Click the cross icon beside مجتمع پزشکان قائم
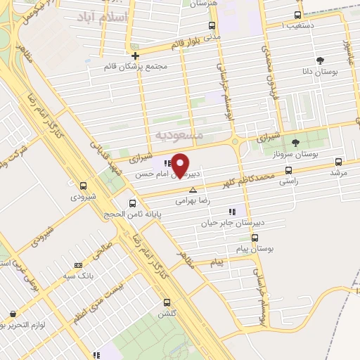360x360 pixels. (x=135, y=55)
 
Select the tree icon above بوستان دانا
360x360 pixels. (x=321, y=60)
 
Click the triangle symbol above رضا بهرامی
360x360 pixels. (x=193, y=190)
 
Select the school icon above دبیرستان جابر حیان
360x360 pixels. (x=231, y=211)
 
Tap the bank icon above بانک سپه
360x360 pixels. (x=77, y=265)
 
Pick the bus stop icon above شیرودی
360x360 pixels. (x=84, y=186)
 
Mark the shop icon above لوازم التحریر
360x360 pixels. (x=12, y=314)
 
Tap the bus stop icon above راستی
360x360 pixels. (x=288, y=170)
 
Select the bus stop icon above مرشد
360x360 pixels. (x=339, y=161)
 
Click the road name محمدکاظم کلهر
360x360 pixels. (x=265, y=175)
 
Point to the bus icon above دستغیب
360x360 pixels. (x=298, y=15)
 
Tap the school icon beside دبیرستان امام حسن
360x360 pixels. (x=167, y=162)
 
